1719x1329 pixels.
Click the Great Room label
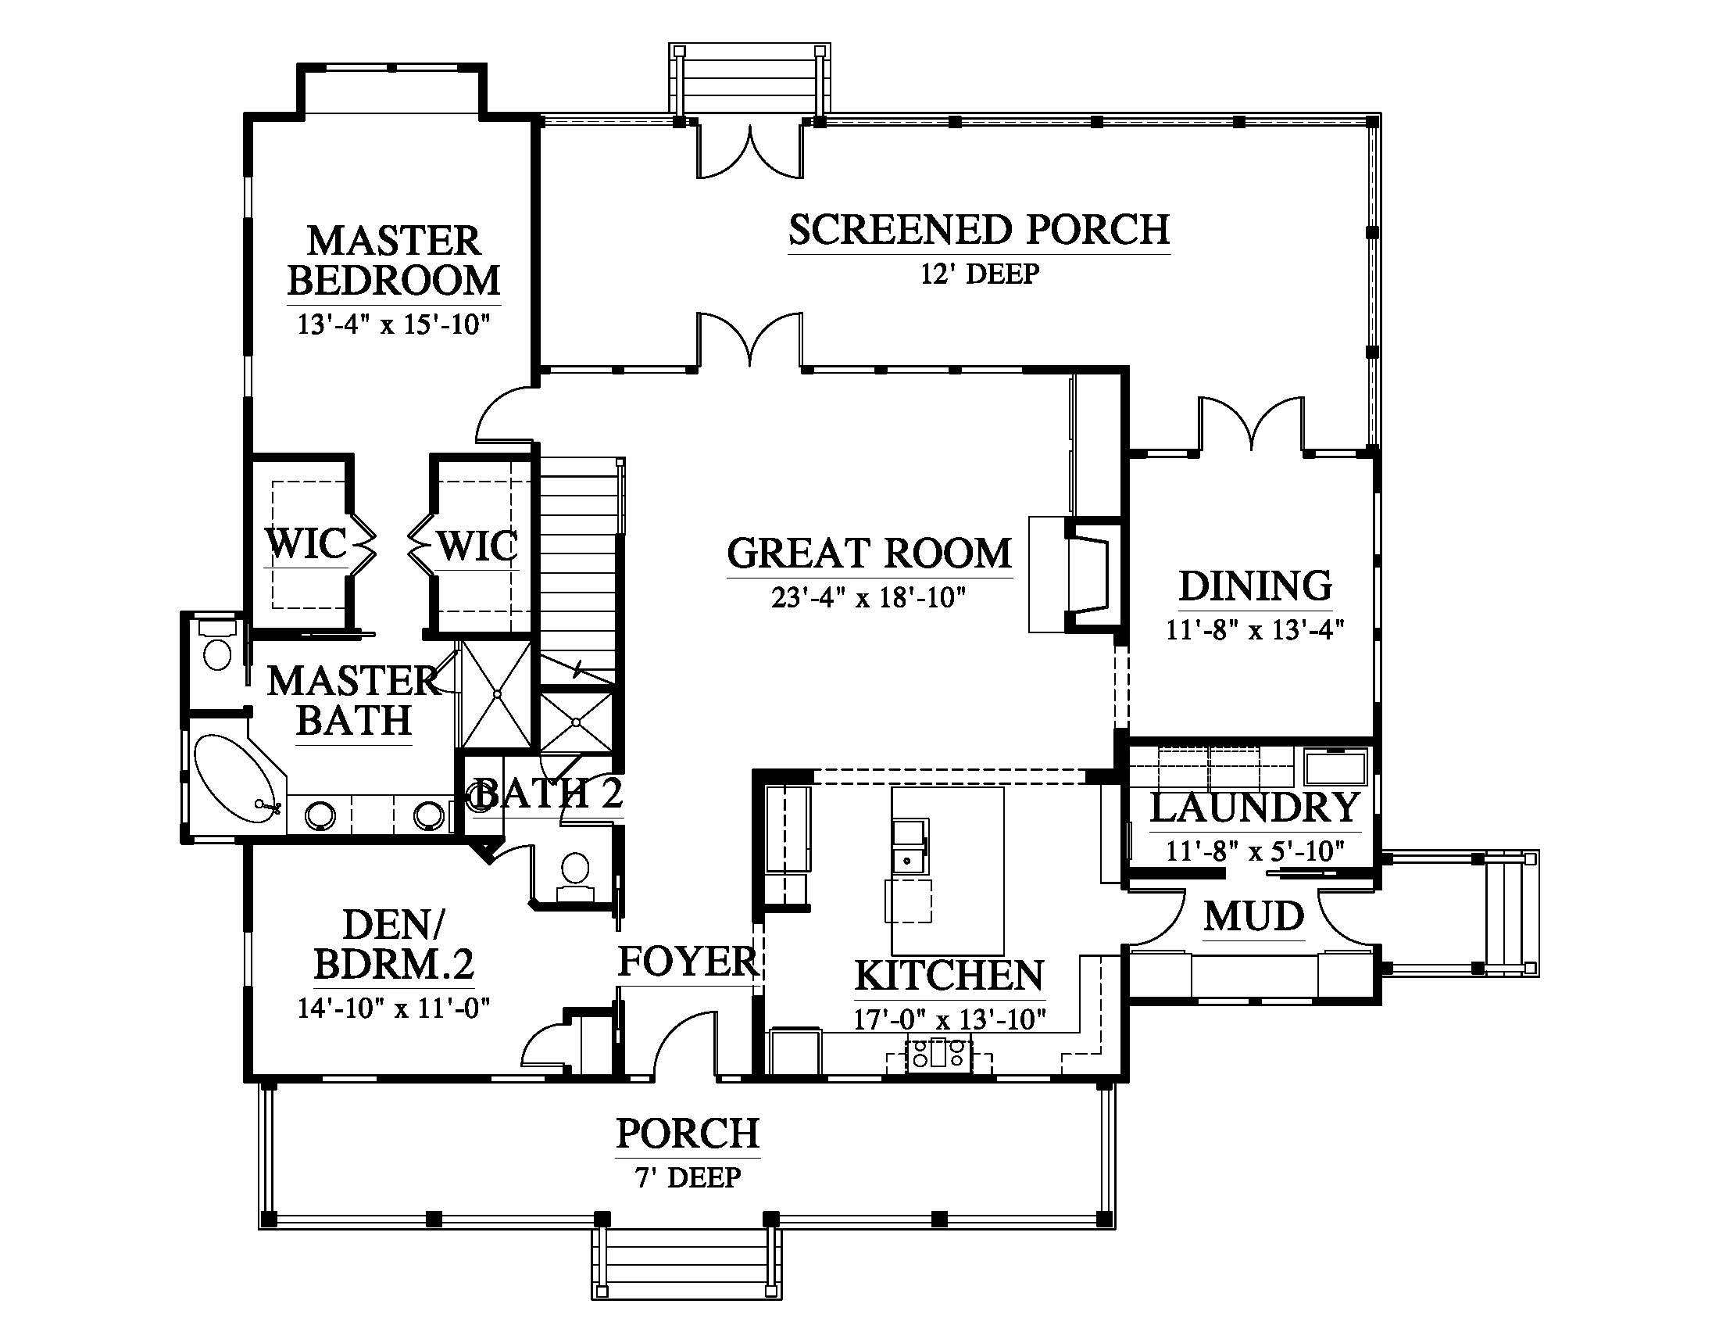[x=869, y=553]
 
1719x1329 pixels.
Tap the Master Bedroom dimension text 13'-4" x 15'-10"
[x=394, y=324]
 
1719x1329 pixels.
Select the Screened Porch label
[x=979, y=230]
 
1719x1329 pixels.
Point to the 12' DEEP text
[x=980, y=274]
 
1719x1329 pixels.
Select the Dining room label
[x=1256, y=586]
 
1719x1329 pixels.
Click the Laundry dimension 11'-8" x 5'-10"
[x=1256, y=851]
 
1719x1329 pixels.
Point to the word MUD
[x=1254, y=916]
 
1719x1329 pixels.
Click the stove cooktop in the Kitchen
[x=939, y=1054]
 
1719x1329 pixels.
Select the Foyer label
[x=687, y=962]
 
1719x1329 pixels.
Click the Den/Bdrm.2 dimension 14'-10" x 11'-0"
[x=394, y=1008]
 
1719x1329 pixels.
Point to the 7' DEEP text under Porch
[x=688, y=1178]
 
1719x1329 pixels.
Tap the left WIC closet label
[x=306, y=543]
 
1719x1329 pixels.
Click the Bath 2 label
[x=549, y=793]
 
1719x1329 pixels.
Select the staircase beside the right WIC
[x=581, y=567]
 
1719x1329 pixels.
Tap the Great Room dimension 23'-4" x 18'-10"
[x=868, y=598]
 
